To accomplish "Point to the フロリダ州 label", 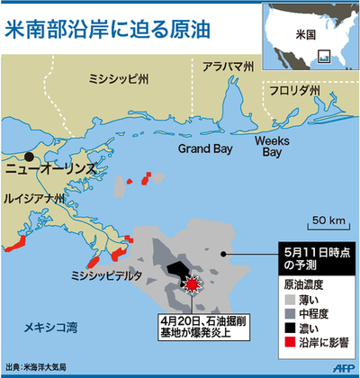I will [x=290, y=91].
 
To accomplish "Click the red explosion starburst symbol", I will [x=191, y=283].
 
